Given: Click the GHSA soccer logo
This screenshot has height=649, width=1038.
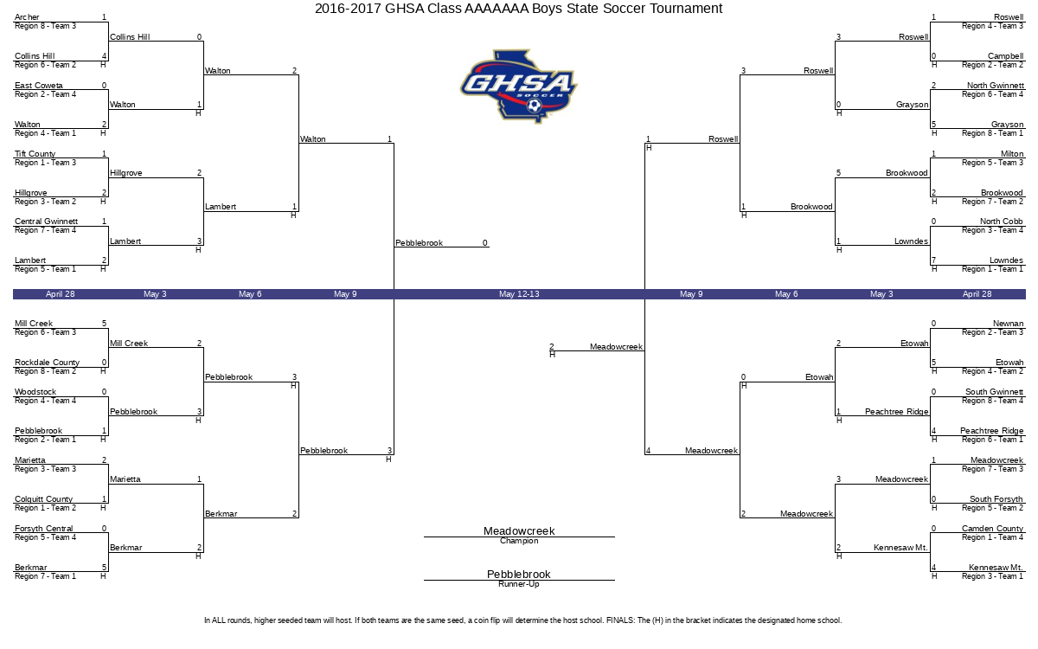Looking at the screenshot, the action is click(518, 87).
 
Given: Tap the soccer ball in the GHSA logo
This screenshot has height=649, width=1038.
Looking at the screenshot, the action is click(535, 106).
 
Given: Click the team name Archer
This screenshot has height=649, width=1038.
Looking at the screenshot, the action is click(27, 17).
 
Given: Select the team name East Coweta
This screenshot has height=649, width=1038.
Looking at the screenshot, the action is click(38, 86).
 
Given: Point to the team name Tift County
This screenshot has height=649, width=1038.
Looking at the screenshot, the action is click(35, 154).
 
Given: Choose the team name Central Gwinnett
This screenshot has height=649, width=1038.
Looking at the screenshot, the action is click(46, 222).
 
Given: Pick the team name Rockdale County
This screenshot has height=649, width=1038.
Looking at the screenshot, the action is click(47, 363).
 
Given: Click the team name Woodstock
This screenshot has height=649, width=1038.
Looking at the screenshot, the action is click(35, 392).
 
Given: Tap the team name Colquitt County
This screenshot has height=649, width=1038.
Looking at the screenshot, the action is click(43, 499).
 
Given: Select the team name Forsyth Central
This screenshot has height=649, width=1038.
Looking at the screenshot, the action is click(43, 529).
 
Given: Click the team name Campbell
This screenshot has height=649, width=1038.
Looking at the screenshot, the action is click(1005, 56).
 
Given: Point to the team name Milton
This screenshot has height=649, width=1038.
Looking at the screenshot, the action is click(1012, 154).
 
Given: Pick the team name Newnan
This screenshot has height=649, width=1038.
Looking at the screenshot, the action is click(1009, 324).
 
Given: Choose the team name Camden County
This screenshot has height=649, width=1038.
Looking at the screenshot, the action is click(993, 529).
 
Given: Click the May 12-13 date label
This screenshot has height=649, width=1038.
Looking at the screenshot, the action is click(519, 294).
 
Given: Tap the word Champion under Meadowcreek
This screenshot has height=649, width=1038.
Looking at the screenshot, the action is click(519, 541).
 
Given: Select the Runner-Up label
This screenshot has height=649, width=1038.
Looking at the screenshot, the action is click(519, 584).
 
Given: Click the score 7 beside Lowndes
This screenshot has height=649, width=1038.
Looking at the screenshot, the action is click(933, 260).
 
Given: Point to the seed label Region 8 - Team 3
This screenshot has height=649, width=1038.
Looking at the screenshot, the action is click(45, 26).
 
